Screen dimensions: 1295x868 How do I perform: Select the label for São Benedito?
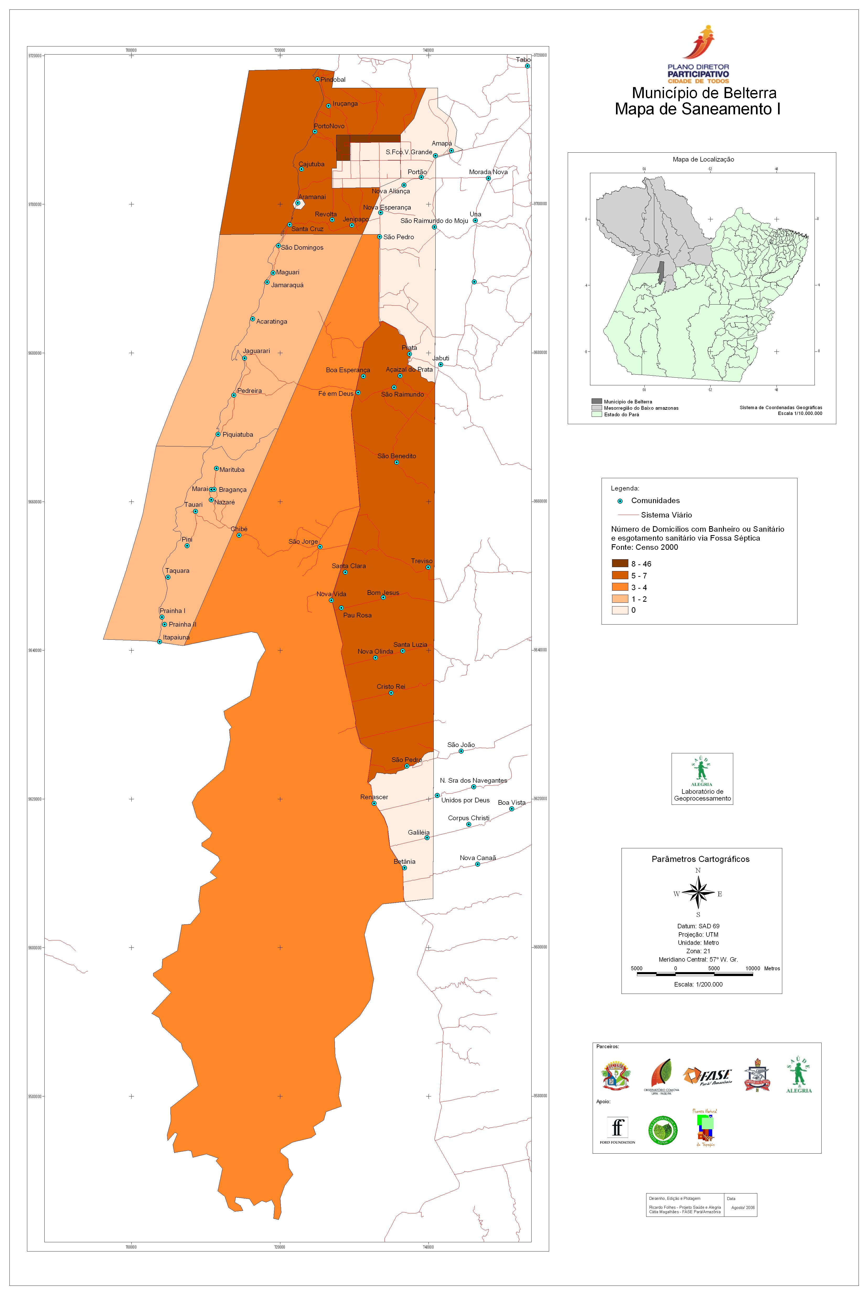pos(396,456)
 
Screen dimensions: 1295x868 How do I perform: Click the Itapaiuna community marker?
pos(159,642)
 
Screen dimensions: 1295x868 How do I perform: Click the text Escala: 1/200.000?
pos(698,984)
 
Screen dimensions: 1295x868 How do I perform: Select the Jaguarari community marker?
pos(244,358)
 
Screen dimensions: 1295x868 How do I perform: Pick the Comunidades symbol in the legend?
pos(620,501)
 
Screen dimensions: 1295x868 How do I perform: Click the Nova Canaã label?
pos(478,858)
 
